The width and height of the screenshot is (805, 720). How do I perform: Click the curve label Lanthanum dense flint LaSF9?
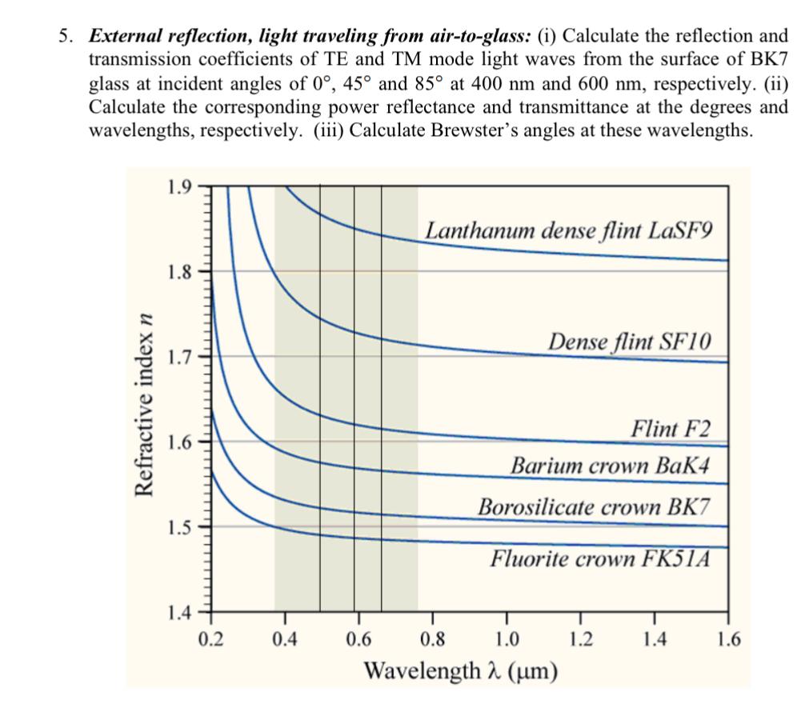568,230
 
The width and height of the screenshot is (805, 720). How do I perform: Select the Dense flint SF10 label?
629,342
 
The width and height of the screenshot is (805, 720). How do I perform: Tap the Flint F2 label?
670,428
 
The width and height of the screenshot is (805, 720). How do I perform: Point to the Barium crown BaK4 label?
610,466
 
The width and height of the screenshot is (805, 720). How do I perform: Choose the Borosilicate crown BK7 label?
593,507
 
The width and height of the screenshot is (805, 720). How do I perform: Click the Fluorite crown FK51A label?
600,557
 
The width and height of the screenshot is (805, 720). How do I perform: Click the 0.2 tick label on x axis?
211,638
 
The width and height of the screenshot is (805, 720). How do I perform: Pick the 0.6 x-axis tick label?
358,638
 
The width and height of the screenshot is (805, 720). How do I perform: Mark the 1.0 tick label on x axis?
506,638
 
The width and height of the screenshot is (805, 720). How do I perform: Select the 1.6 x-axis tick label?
728,638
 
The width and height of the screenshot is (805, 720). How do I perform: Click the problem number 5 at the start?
62,37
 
